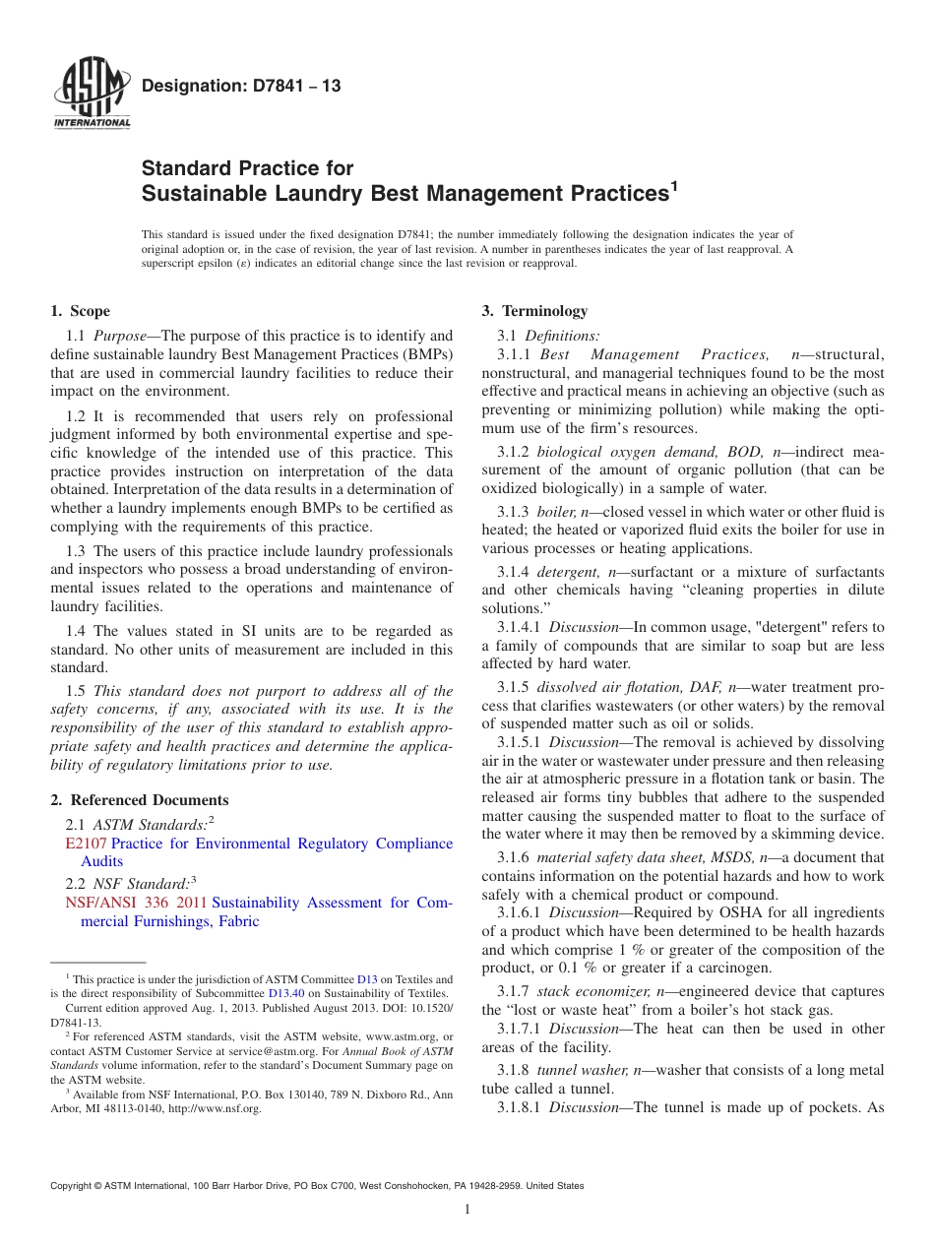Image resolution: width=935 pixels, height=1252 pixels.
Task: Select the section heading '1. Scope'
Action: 80,311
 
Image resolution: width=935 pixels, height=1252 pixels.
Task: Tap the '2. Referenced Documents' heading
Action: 139,800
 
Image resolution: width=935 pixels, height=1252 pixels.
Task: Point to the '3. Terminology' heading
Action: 534,311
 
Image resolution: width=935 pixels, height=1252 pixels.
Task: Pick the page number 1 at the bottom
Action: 467,1210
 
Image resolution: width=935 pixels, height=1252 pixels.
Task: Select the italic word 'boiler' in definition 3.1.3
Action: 555,512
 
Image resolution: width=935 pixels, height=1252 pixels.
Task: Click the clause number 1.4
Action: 76,631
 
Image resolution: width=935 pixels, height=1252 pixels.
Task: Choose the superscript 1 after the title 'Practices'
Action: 674,185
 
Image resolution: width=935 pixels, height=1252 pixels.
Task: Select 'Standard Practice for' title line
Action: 247,168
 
